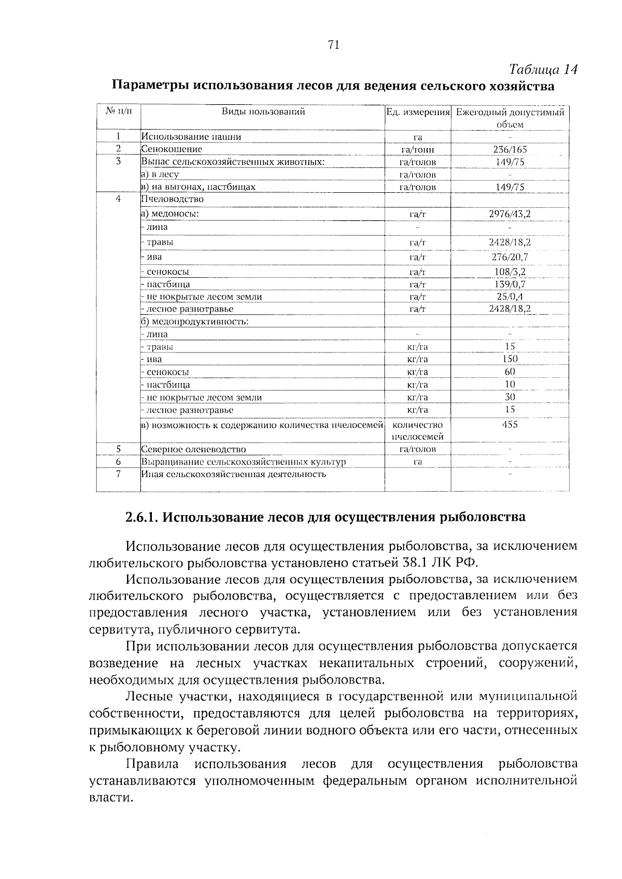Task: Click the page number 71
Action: (x=333, y=45)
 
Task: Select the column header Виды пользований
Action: (x=263, y=111)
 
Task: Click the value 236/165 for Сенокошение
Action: (x=510, y=149)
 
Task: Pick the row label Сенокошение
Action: (x=172, y=149)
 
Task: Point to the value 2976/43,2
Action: (x=510, y=213)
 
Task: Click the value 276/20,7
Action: (x=510, y=257)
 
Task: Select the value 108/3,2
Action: (x=510, y=271)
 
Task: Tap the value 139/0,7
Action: (x=510, y=284)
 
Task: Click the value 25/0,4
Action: (x=510, y=296)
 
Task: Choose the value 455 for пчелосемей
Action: (x=510, y=424)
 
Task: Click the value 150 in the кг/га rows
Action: (x=510, y=359)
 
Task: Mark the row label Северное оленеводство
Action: (x=194, y=449)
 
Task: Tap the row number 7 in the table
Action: (x=118, y=474)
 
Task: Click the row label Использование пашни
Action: (x=191, y=137)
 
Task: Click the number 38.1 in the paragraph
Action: (x=416, y=562)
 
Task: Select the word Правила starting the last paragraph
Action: (x=153, y=764)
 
